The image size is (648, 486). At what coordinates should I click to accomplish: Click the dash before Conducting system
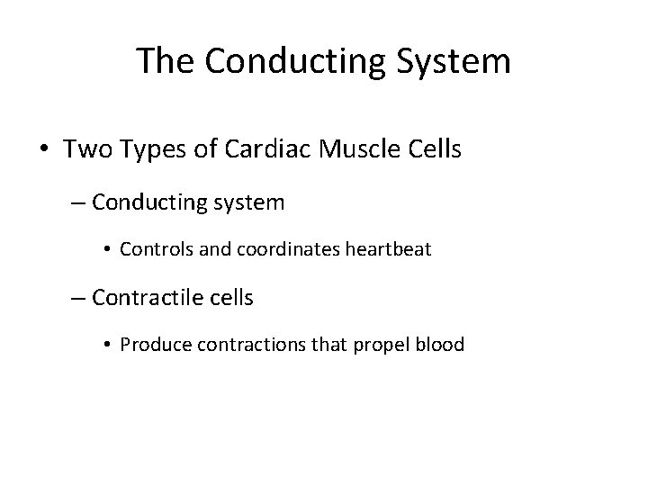click(78, 202)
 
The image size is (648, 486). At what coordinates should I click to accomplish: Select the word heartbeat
click(390, 249)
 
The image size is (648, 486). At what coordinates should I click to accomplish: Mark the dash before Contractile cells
click(78, 297)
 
